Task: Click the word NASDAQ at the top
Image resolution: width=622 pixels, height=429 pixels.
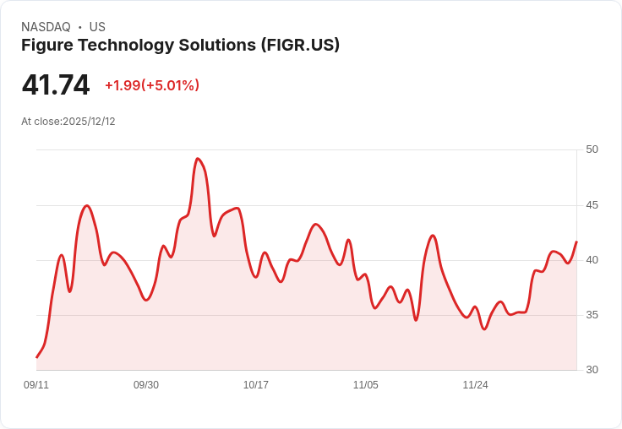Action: [46, 27]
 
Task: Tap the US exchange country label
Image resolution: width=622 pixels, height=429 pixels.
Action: [97, 27]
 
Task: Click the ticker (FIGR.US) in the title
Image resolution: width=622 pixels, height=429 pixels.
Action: [300, 45]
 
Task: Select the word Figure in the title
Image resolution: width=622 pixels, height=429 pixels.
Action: [47, 45]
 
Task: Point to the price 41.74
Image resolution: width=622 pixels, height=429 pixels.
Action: [56, 85]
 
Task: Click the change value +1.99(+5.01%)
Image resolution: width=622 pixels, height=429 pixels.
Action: [152, 85]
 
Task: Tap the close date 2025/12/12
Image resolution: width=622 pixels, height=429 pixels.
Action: [89, 122]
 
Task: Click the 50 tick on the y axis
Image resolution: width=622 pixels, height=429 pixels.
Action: [592, 149]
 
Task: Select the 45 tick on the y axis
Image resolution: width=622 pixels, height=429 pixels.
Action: [592, 205]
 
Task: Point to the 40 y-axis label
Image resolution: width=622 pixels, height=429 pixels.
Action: [592, 260]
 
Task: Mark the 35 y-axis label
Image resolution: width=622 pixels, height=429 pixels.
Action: [592, 315]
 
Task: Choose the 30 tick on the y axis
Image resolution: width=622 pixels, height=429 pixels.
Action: [592, 370]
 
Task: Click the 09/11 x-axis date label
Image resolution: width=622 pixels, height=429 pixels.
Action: [36, 385]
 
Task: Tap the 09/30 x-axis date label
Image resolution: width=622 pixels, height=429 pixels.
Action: [146, 385]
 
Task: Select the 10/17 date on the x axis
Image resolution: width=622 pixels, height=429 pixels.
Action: [256, 385]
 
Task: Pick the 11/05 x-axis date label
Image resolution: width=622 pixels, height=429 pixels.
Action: [366, 385]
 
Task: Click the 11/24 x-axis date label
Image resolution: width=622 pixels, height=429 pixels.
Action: [475, 385]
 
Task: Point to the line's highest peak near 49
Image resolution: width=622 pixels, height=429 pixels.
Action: [198, 159]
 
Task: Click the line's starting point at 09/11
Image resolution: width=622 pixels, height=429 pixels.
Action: [36, 357]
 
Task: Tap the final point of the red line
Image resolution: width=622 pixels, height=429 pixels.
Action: [576, 242]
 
